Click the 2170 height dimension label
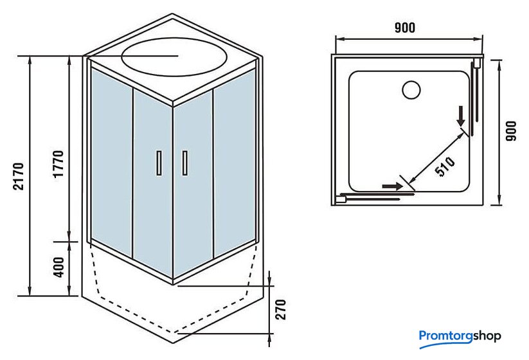click(x=19, y=175)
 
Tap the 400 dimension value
click(x=58, y=267)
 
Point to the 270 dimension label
click(x=280, y=310)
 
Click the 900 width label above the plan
click(x=405, y=28)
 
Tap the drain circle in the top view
click(x=411, y=89)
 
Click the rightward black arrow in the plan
click(x=391, y=186)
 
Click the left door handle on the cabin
click(x=158, y=163)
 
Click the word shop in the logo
click(x=488, y=336)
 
